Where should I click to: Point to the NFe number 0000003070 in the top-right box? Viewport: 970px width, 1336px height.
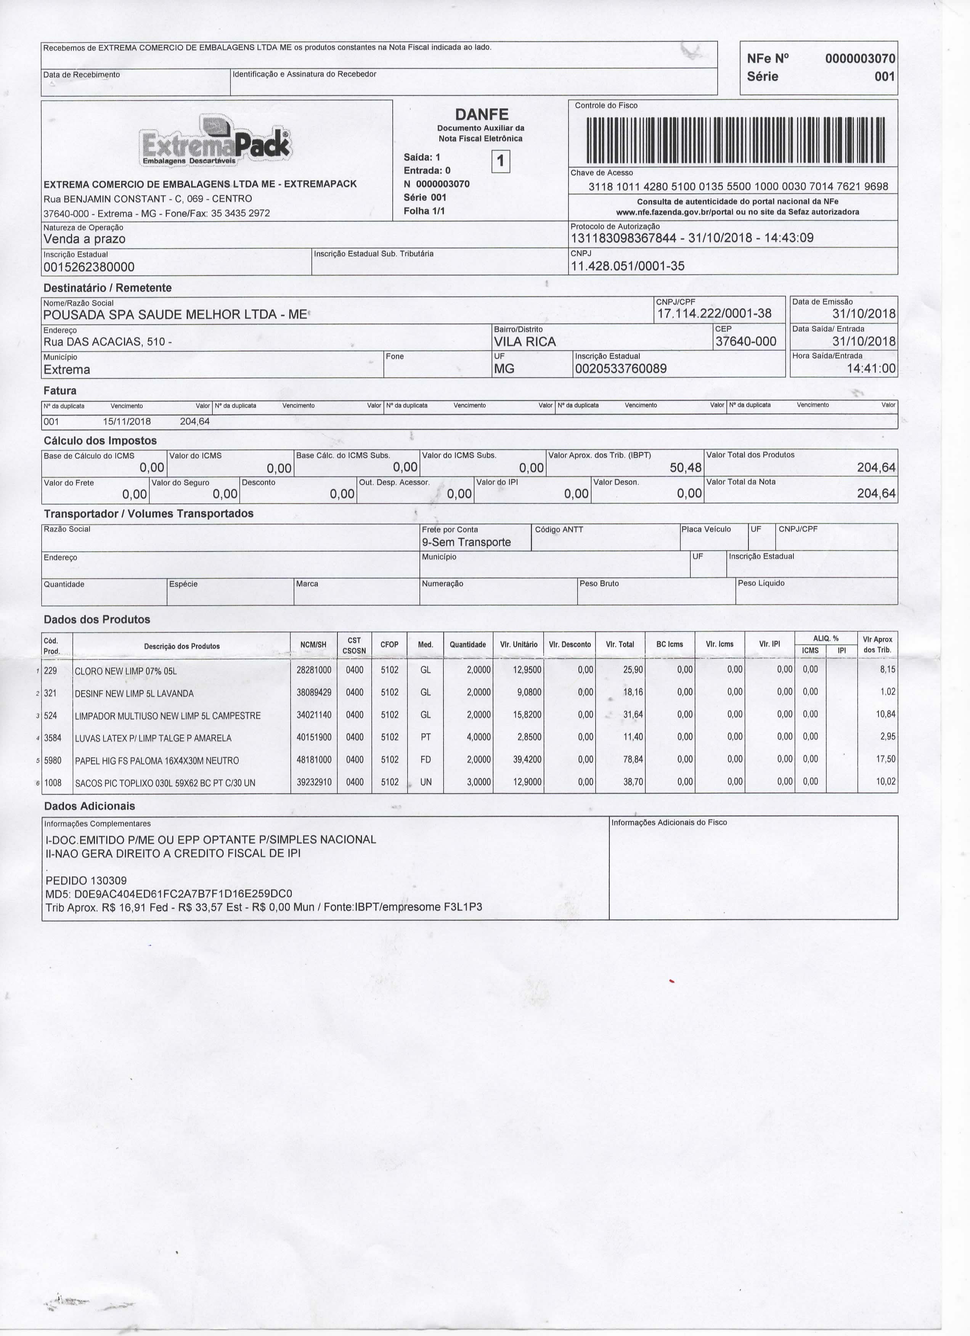point(859,58)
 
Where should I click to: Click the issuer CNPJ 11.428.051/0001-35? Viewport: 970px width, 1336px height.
point(628,266)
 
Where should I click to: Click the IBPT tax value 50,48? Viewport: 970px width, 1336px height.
point(686,468)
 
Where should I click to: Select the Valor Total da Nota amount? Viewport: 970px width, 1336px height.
point(876,494)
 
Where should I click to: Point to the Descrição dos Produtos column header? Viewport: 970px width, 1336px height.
point(181,646)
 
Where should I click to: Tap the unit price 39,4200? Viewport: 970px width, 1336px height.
point(527,760)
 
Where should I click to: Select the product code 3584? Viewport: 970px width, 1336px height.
point(52,737)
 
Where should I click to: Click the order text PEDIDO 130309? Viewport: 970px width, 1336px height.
point(86,881)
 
